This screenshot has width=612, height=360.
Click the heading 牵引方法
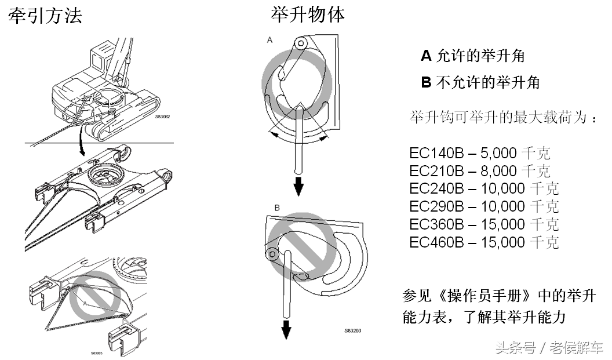click(45, 16)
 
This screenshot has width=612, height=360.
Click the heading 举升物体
click(308, 14)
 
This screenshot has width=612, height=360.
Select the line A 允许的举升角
click(473, 56)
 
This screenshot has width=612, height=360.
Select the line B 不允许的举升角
click(480, 83)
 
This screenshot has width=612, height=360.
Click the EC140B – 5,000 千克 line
click(480, 153)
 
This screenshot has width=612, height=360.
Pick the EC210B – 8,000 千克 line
click(480, 171)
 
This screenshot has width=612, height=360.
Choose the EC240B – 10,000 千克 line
click(484, 188)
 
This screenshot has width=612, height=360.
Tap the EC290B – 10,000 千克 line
click(484, 206)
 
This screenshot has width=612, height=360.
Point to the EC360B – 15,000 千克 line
click(484, 224)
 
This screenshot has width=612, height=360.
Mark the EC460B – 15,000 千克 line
click(484, 242)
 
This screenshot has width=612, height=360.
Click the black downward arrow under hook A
click(298, 187)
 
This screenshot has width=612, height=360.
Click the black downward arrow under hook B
click(286, 330)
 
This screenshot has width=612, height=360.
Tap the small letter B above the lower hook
click(277, 207)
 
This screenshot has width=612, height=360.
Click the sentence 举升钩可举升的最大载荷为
click(502, 117)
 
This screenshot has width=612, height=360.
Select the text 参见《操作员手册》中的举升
click(498, 297)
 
